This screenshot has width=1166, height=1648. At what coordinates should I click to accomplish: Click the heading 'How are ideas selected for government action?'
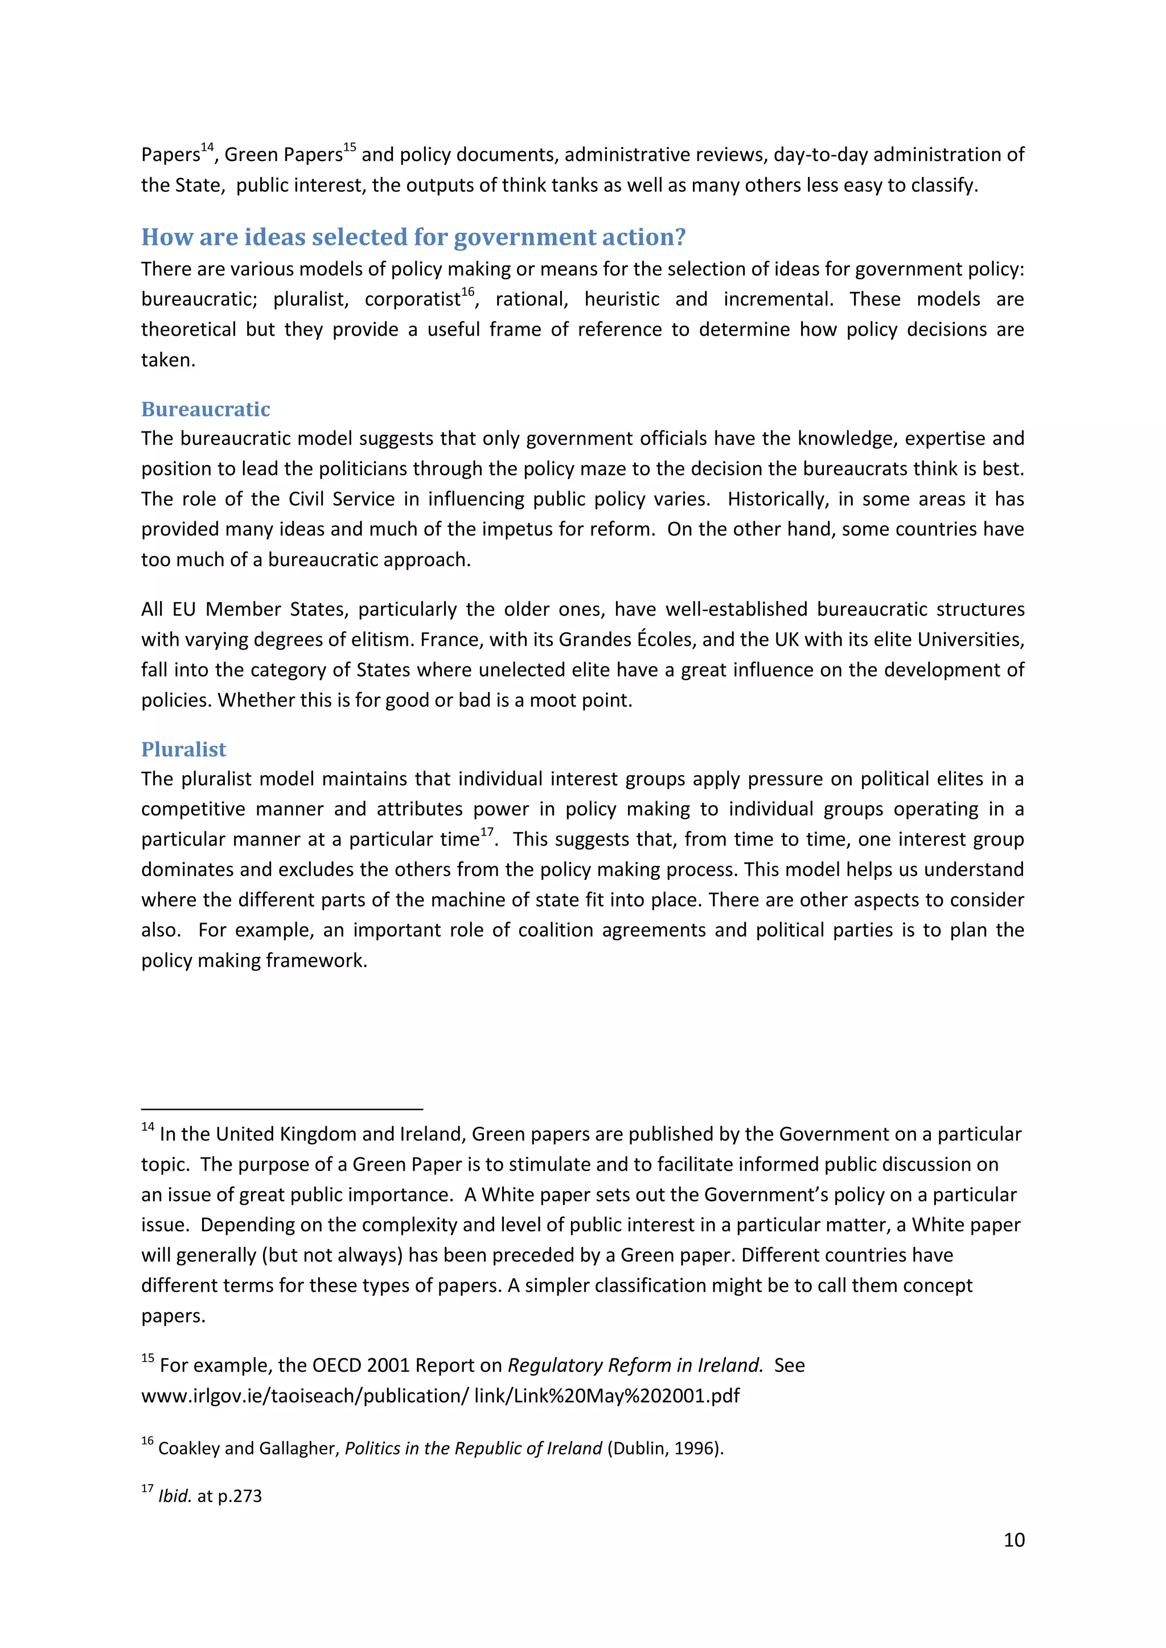pos(413,237)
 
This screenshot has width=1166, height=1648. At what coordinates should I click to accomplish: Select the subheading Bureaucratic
pos(206,409)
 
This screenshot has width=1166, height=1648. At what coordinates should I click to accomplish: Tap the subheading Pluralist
pos(183,749)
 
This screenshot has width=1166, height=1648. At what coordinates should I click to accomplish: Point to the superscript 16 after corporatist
pos(467,292)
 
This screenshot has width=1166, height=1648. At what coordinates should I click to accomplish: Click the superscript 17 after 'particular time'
pos(487,832)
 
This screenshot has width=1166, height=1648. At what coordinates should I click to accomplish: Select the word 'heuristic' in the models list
pos(621,299)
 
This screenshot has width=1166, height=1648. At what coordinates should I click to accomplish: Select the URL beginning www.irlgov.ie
pos(440,1396)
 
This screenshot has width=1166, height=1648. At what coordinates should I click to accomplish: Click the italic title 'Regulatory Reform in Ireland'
pos(635,1365)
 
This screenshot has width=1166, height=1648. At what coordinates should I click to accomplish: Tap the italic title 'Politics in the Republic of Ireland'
pos(473,1448)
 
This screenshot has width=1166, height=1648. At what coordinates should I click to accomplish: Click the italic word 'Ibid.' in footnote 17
pos(174,1497)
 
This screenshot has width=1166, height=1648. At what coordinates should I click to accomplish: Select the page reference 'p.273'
pos(239,1497)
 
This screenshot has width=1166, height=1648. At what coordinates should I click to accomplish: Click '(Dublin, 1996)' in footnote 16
pos(665,1448)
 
